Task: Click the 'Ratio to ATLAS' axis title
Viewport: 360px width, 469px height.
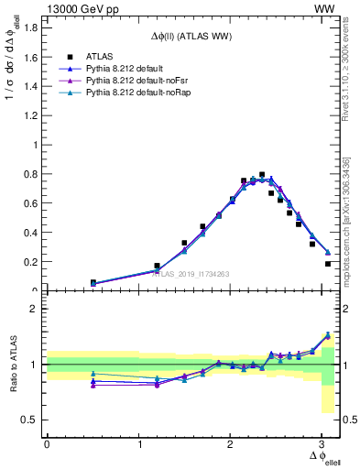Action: pos(12,365)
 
